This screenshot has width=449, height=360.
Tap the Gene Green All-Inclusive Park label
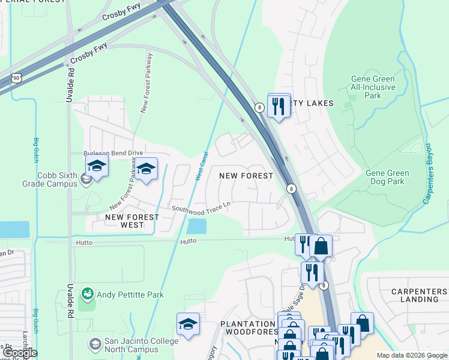[373, 87]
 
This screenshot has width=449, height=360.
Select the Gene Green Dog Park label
[387, 177]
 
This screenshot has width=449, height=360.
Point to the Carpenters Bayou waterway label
[429, 173]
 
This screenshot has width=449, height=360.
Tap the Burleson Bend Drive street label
[113, 153]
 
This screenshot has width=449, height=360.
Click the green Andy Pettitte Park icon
[88, 294]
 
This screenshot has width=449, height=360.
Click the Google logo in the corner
[19, 353]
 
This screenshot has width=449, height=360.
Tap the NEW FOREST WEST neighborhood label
[132, 221]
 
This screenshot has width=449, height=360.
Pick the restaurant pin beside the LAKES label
[279, 106]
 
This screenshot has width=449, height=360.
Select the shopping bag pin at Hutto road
[321, 245]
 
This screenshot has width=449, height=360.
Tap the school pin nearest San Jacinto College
[188, 325]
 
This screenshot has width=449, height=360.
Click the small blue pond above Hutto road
[196, 226]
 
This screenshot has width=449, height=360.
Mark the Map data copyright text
[412, 355]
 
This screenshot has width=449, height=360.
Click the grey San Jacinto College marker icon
[95, 344]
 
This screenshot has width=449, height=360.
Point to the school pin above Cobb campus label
[97, 166]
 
